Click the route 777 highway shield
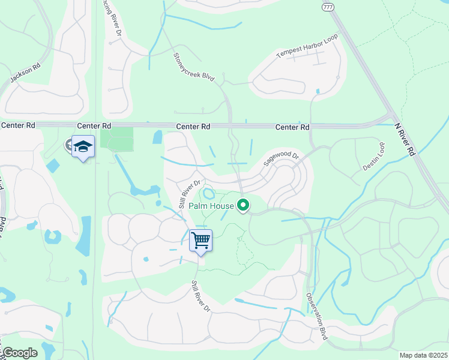click(327, 6)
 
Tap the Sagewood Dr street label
click(282, 160)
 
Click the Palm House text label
click(211, 206)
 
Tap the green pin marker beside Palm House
click(243, 206)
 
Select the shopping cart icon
click(201, 240)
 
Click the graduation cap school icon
click(83, 146)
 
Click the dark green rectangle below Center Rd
click(116, 139)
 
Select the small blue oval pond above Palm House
click(208, 194)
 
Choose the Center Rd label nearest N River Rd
click(292, 127)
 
